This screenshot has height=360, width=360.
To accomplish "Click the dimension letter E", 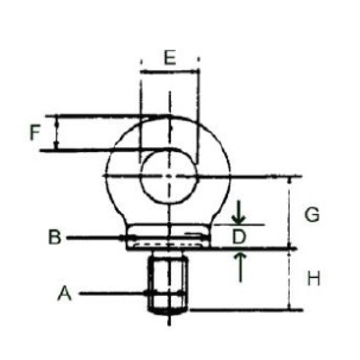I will (x=170, y=58).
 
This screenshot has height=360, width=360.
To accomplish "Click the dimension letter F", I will (x=35, y=133).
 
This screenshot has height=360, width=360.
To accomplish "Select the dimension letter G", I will (x=312, y=215).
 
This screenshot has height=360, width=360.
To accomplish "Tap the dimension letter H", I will (x=314, y=279).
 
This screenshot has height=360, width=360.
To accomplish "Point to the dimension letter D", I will (x=239, y=237).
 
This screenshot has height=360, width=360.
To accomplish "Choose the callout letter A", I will (x=65, y=294).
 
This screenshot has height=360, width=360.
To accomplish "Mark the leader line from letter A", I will (x=112, y=294).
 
